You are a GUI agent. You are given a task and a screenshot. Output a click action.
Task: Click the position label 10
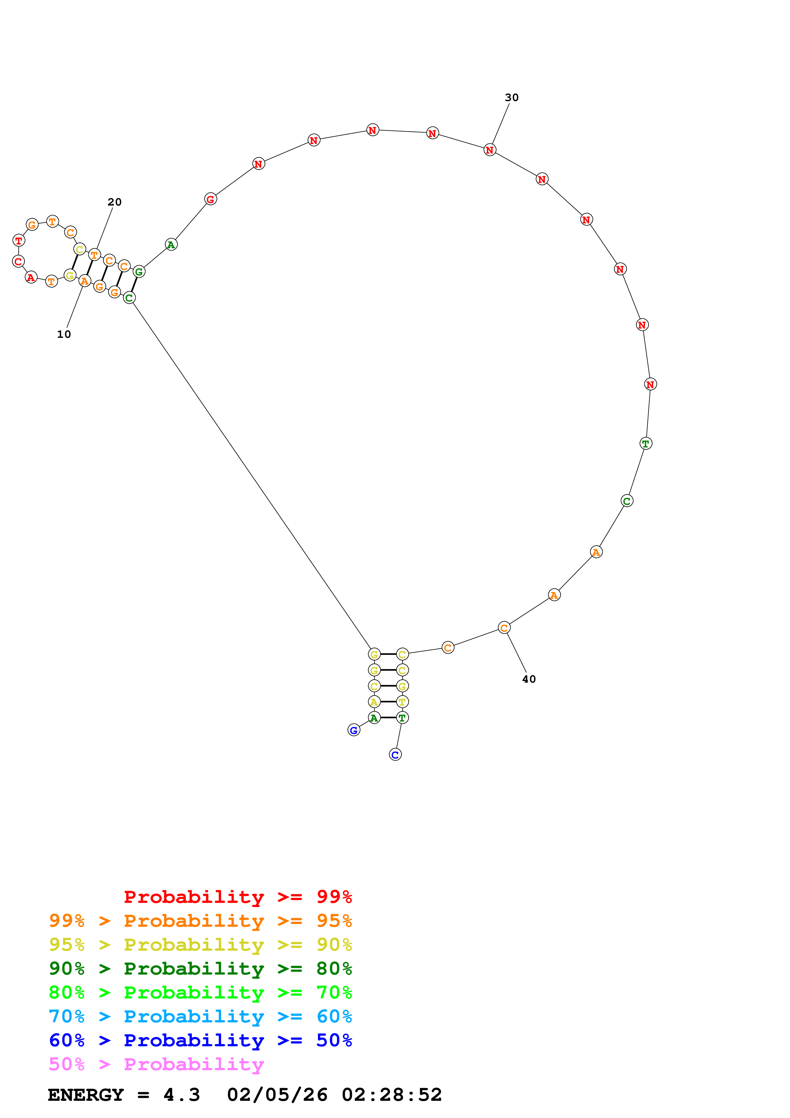click(x=64, y=334)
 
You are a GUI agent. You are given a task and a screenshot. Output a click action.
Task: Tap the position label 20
click(x=114, y=202)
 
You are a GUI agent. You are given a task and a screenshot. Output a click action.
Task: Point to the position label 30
click(x=511, y=98)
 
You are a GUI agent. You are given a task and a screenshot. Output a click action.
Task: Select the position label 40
click(x=529, y=679)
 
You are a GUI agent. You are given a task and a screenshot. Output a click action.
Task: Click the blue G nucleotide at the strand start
click(x=354, y=730)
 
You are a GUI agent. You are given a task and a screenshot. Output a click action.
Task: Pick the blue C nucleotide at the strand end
click(x=395, y=755)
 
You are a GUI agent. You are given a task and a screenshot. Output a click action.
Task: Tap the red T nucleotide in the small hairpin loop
click(x=18, y=240)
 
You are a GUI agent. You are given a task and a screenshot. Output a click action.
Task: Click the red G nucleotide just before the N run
click(x=210, y=199)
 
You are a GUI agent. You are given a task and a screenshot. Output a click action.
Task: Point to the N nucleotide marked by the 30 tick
click(x=490, y=150)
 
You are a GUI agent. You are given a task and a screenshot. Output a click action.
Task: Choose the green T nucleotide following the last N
click(x=645, y=444)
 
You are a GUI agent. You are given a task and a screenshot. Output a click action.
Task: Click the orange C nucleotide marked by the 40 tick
click(x=504, y=628)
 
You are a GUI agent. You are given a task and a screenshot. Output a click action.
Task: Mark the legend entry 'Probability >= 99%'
click(x=237, y=897)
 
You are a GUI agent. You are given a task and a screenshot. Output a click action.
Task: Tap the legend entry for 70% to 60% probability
click(x=200, y=1016)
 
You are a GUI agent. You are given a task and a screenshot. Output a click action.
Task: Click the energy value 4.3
click(x=182, y=1095)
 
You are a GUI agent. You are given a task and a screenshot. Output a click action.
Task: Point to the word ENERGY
click(x=86, y=1095)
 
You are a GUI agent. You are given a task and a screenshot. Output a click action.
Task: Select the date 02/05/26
click(x=278, y=1095)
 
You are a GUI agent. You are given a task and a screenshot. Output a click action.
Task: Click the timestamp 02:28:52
click(x=392, y=1095)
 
